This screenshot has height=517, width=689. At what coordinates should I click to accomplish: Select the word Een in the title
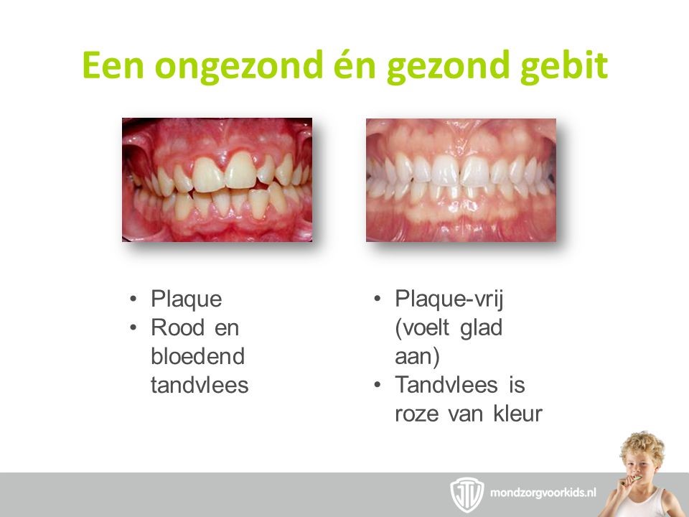113,65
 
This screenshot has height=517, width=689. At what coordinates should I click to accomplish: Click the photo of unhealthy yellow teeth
217,180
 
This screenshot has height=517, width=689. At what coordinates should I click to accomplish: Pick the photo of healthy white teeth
461,180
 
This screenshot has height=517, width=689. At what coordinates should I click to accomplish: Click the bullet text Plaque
187,299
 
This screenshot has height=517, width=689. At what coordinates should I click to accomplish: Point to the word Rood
177,328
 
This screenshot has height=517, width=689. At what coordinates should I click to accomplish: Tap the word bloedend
198,356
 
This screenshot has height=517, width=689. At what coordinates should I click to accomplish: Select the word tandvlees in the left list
200,385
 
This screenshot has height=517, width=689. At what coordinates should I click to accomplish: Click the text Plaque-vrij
449,299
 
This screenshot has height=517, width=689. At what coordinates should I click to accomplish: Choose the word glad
481,328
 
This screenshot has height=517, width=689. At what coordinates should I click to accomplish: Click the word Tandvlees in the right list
446,385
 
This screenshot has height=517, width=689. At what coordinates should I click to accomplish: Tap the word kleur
518,414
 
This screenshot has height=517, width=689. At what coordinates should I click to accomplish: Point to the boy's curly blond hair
642,445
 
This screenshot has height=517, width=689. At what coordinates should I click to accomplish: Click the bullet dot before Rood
133,328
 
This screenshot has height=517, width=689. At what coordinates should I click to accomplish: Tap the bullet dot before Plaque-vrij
377,299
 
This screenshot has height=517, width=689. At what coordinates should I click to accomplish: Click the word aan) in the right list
417,357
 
